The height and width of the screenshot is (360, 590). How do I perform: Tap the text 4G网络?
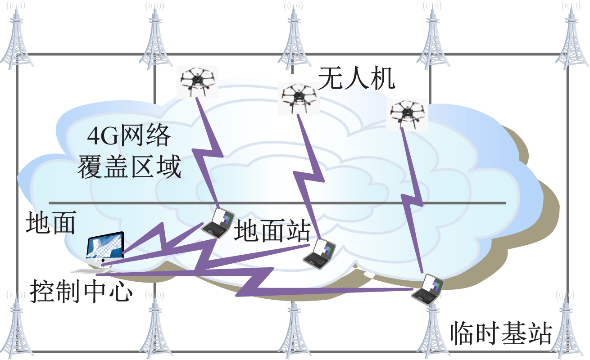129,136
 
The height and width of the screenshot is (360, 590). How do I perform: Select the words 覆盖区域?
130,167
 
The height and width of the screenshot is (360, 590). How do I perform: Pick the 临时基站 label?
501,333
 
